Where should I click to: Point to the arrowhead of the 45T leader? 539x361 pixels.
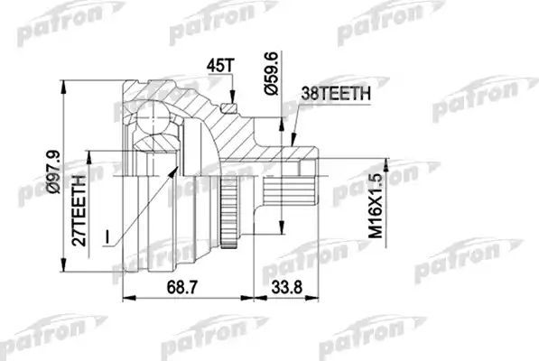233,100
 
